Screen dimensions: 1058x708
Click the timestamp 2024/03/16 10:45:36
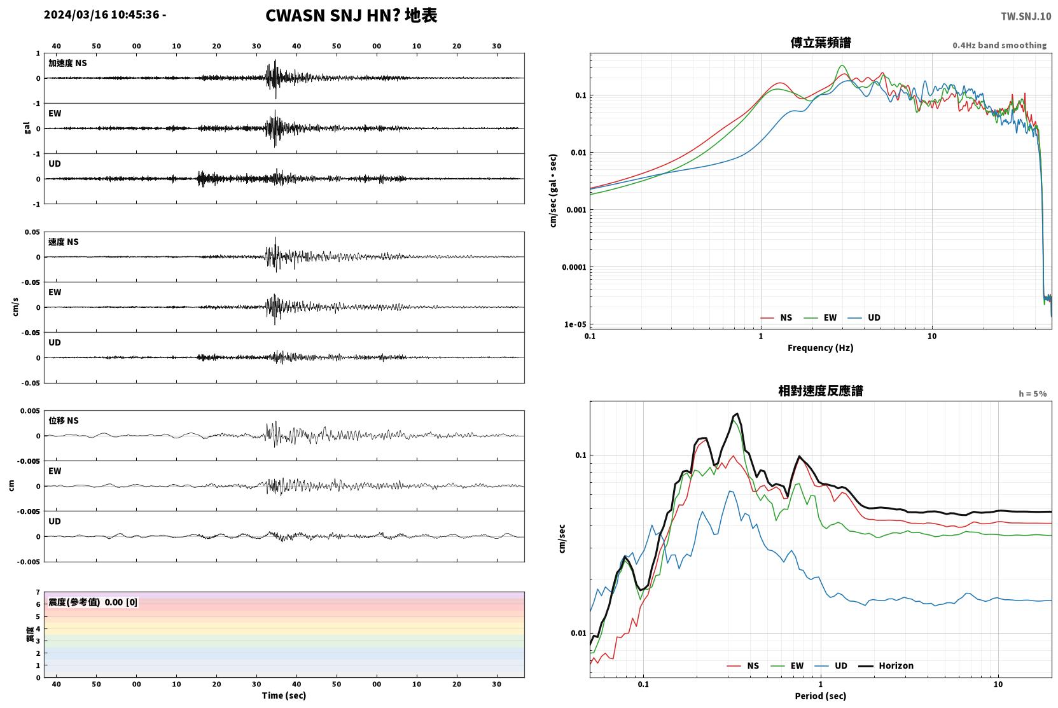[x=102, y=15]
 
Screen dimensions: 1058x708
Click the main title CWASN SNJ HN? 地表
[x=351, y=15]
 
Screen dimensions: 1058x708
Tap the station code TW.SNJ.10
[x=1026, y=17]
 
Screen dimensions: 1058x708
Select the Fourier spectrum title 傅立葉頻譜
[x=821, y=43]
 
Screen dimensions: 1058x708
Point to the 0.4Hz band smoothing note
[x=999, y=45]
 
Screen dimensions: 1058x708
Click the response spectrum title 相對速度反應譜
[x=821, y=391]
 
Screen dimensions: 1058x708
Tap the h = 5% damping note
[x=1033, y=393]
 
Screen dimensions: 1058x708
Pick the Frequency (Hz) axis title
[x=821, y=348]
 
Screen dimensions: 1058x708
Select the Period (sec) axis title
[x=821, y=696]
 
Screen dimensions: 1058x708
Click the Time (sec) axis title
[x=284, y=695]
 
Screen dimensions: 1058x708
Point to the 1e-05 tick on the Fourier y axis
[x=574, y=324]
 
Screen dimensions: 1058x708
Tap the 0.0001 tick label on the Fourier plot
[x=574, y=267]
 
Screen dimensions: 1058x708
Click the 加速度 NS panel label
[x=67, y=63]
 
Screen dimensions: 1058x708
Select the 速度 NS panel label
[x=63, y=242]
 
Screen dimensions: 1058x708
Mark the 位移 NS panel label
[x=63, y=420]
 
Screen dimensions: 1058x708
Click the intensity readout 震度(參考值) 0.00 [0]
[x=93, y=602]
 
